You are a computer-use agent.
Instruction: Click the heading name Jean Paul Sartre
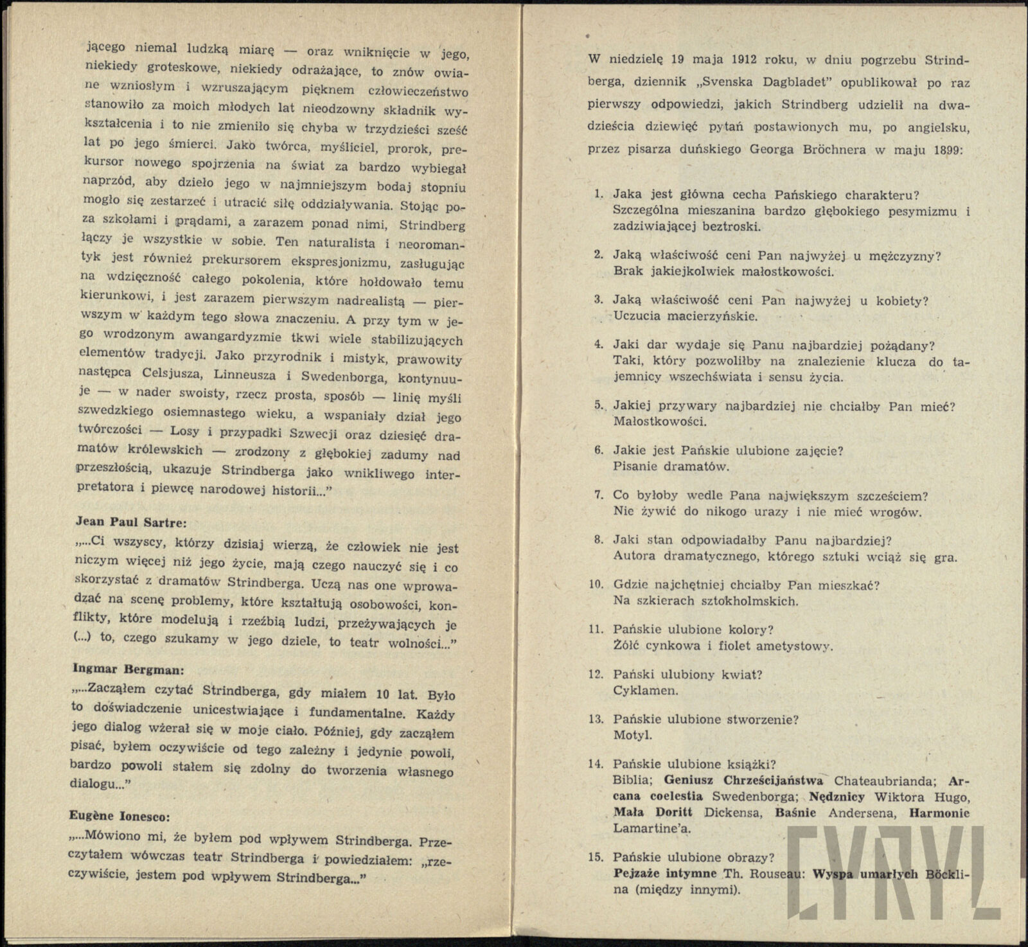(130, 522)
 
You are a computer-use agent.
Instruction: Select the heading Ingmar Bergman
(128, 668)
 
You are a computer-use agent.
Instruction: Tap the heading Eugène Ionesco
(120, 817)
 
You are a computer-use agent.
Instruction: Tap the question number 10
(596, 585)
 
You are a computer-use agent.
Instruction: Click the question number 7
(598, 496)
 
